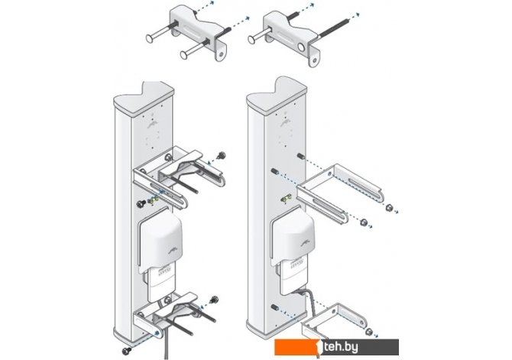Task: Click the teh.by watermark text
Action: [x=341, y=347]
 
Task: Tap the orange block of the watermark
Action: [x=298, y=347]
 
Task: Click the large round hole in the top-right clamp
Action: [x=301, y=47]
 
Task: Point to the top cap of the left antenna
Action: [x=144, y=97]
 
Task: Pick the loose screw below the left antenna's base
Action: [x=126, y=351]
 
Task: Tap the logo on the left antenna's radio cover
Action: [x=172, y=250]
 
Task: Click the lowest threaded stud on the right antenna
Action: [x=274, y=307]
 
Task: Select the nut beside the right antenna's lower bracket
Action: [x=368, y=332]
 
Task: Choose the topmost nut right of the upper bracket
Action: [x=389, y=207]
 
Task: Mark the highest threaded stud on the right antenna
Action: [x=301, y=156]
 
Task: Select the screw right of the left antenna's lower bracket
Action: [x=215, y=299]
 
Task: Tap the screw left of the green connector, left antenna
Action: [x=141, y=204]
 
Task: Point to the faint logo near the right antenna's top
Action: [x=285, y=123]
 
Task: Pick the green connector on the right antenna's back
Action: [x=287, y=198]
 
